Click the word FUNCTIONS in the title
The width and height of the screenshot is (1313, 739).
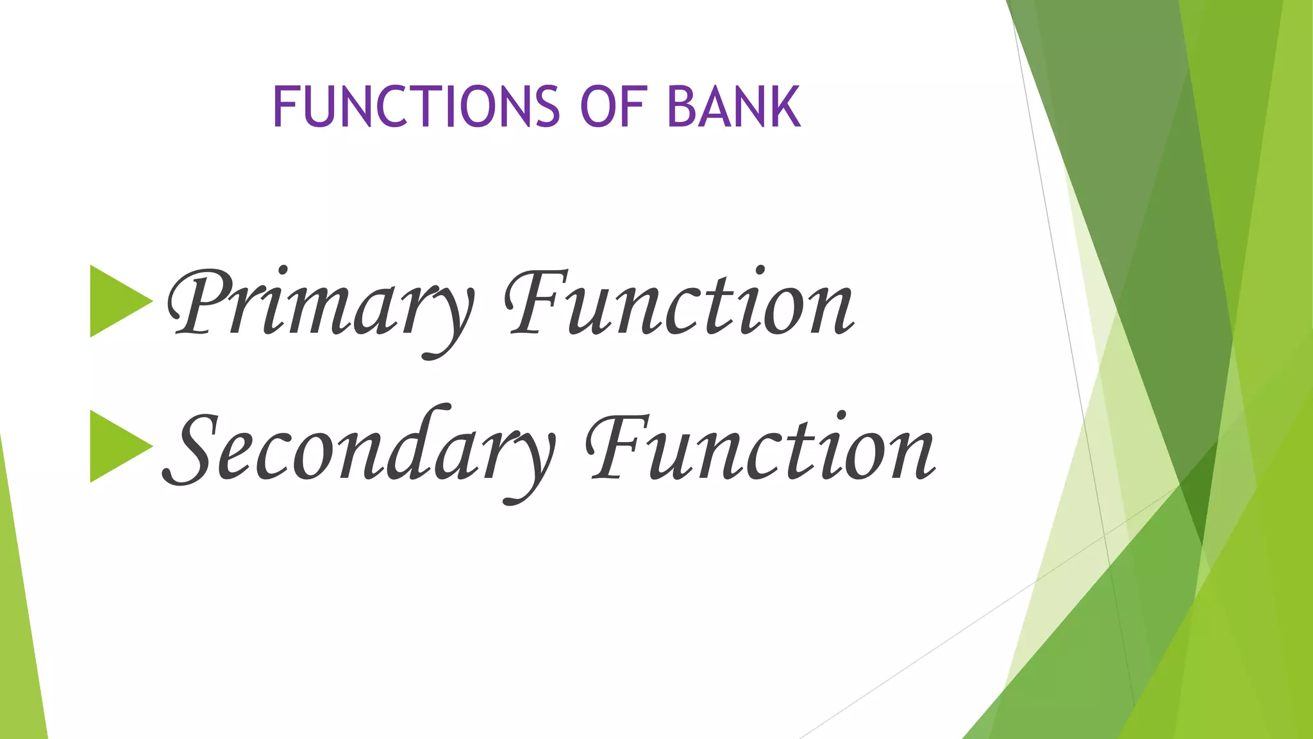[416, 106]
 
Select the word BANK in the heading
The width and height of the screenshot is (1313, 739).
[734, 106]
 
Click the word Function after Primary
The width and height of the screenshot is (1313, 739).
[680, 304]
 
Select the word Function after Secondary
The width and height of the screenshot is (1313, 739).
[760, 449]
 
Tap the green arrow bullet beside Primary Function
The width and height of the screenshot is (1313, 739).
[117, 301]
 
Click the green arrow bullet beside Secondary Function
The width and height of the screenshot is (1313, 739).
[117, 446]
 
